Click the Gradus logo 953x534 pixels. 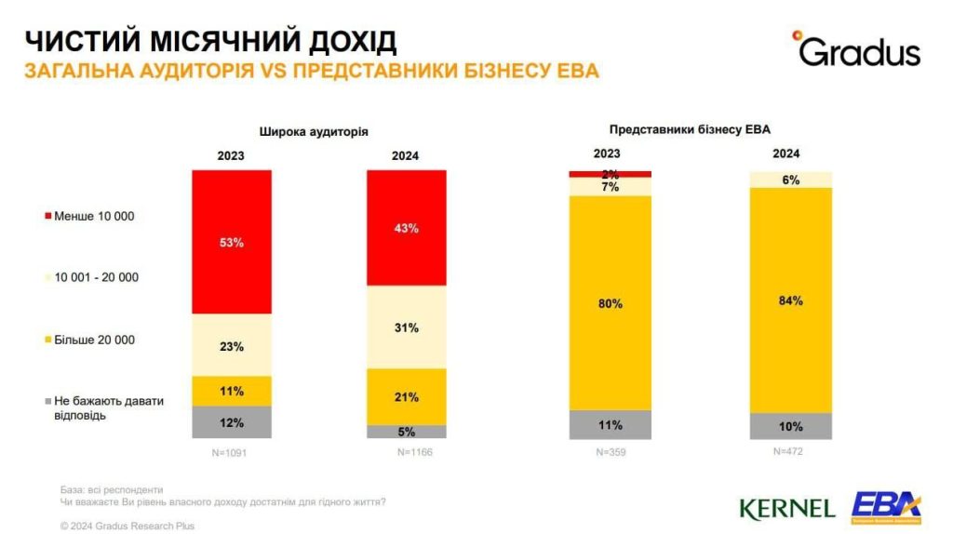coord(856,50)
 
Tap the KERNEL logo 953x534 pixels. coord(786,508)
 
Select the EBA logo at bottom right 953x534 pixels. coord(885,505)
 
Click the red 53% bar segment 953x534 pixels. coord(232,242)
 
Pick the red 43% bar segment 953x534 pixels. coord(406,228)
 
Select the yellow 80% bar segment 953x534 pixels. coord(610,302)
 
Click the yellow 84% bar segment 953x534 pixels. coord(791,300)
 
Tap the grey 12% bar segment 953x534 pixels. coord(232,422)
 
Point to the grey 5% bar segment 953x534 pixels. coord(406,432)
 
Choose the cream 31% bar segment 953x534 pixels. coord(406,327)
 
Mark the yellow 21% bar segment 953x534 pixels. coord(406,396)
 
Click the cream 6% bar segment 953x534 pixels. coord(791,180)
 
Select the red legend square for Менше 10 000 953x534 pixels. coord(47,217)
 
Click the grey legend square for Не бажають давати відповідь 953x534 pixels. coord(47,401)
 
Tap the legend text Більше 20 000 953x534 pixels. coord(96,340)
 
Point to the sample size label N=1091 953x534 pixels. coord(232,453)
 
